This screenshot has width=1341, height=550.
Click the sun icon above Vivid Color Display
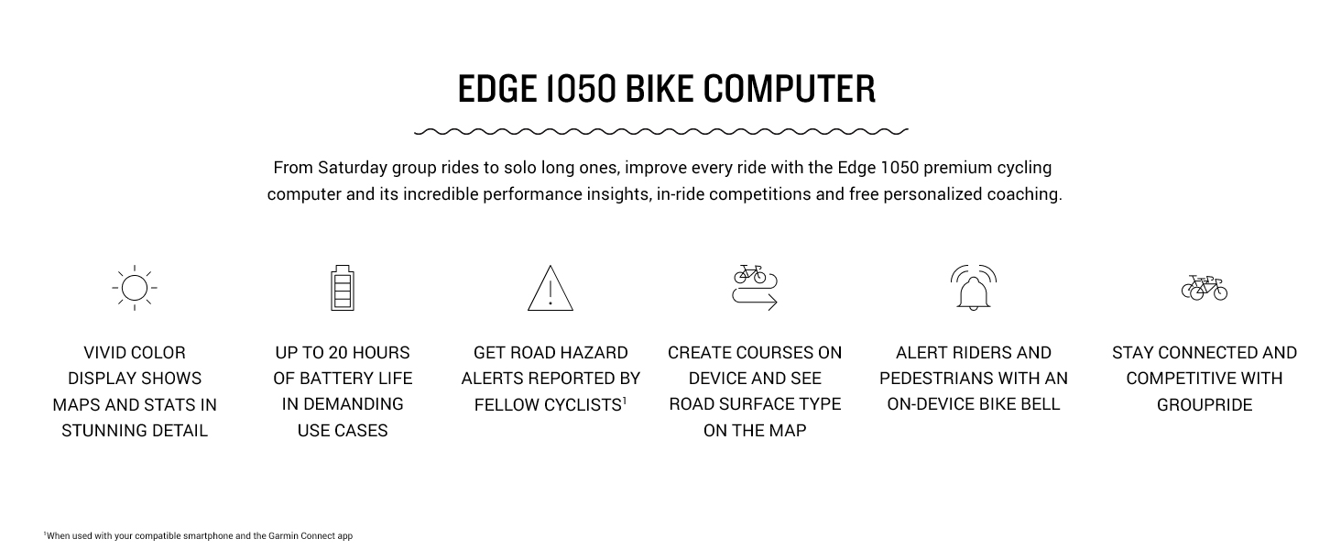(135, 288)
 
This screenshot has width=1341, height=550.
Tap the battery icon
(342, 288)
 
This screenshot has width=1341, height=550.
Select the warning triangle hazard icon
(550, 289)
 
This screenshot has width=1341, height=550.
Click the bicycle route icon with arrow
(755, 288)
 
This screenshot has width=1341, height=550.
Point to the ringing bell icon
(973, 288)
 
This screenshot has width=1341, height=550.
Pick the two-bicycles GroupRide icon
(1204, 288)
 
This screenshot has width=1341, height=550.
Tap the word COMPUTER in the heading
(790, 89)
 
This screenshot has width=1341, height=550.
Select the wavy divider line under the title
(661, 132)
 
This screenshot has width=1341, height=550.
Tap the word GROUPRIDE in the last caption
(1204, 404)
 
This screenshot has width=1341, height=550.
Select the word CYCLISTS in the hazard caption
(581, 404)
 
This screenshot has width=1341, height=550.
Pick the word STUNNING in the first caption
(99, 430)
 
